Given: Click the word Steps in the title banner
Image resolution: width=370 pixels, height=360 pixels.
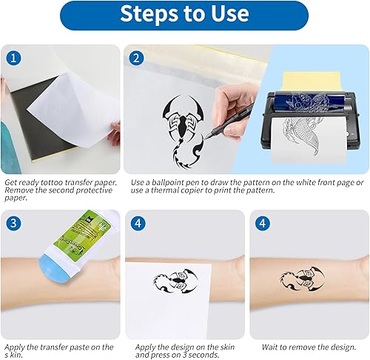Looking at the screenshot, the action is (150, 14).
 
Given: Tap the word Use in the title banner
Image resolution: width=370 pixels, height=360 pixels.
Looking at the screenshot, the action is (230, 13).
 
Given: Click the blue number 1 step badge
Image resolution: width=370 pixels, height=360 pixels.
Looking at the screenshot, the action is (13, 59).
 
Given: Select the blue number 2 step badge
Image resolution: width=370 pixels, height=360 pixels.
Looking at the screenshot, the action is (136, 59).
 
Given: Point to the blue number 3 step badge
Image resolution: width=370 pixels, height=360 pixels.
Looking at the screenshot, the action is (13, 223).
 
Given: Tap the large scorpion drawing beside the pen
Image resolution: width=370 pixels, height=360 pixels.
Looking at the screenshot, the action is (183, 130).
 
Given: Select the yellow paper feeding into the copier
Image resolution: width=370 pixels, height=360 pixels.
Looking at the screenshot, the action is (312, 81).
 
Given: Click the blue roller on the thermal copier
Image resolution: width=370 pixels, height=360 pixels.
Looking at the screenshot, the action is (309, 101).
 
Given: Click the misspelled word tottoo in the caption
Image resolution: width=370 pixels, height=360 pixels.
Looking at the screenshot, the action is (52, 182).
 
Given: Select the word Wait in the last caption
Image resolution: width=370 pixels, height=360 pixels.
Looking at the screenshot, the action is (269, 347).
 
